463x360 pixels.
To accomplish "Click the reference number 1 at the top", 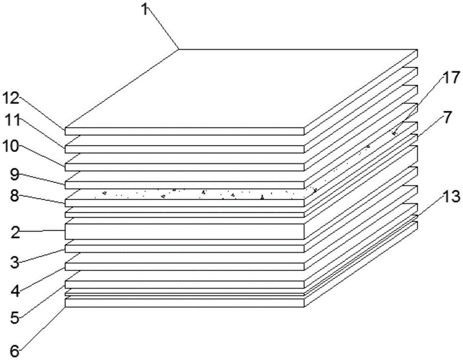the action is pos(145,9).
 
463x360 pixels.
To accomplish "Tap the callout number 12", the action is pos(11,98).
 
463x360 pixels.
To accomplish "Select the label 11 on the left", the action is pos(11,121).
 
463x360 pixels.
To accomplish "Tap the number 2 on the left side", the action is pos(14,233).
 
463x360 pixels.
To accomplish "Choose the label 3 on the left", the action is pos(14,262).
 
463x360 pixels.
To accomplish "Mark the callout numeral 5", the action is pos(14,318).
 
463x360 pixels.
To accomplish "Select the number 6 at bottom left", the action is pos(14,351).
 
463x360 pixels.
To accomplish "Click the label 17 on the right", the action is pos(451,79).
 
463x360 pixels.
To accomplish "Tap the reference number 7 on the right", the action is pos(447,118).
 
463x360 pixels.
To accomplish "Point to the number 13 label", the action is pos(451,196).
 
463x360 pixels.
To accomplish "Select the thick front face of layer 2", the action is pos(185,232).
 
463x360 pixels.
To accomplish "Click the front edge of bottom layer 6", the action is pos(185,303).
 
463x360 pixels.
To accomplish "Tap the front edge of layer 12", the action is pos(185,132).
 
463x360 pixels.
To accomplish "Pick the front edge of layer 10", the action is pos(185,167).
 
